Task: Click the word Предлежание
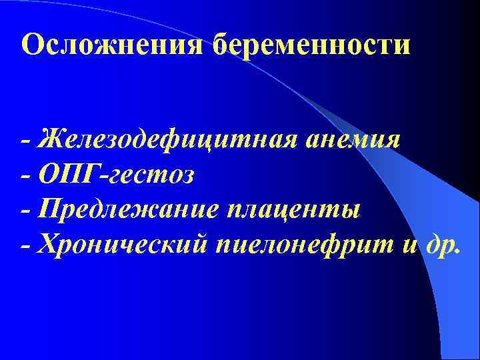[x=127, y=211]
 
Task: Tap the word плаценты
[x=294, y=211]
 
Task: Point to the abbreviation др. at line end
[x=444, y=246]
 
